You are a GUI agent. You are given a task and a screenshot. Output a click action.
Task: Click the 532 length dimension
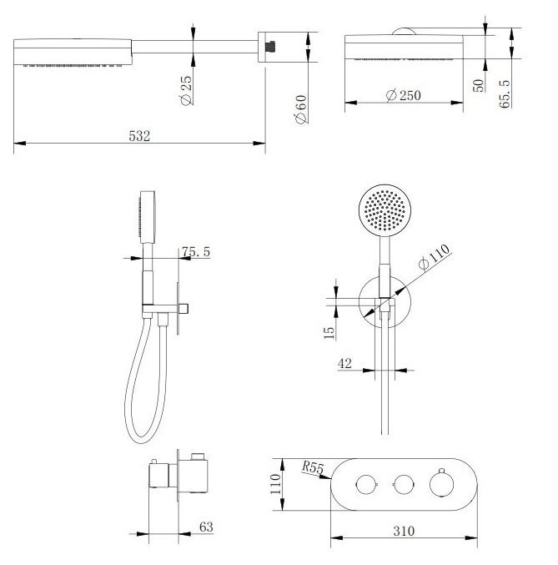pos(139,136)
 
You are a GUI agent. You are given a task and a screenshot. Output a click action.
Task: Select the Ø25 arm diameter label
pos(187,90)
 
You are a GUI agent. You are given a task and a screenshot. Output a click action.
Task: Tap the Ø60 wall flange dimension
pos(301,109)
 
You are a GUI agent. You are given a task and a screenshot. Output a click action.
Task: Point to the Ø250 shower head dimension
pos(403,95)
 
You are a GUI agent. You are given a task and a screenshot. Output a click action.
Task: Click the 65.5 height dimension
pos(505,94)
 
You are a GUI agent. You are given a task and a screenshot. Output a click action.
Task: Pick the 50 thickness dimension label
pos(479,86)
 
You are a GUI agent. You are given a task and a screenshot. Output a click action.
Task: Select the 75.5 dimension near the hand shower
pos(196,251)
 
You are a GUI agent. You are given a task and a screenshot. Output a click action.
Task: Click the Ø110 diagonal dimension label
pos(434,256)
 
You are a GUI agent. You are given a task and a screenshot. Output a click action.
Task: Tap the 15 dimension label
pos(329,333)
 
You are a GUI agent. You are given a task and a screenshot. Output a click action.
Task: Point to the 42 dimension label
pos(344,363)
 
